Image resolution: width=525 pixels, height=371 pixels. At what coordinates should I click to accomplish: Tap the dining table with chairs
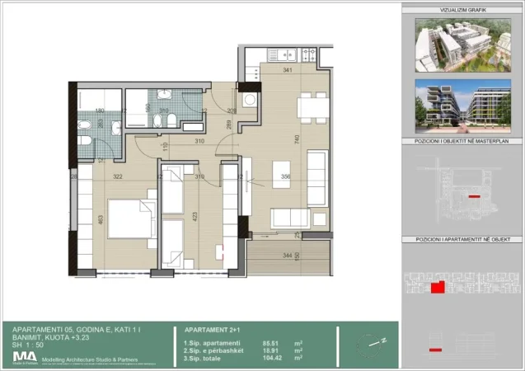tap(311, 108)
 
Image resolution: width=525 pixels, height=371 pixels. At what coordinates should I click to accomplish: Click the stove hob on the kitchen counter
tap(309, 55)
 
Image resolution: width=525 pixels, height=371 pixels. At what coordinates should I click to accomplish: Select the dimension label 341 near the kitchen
tap(288, 71)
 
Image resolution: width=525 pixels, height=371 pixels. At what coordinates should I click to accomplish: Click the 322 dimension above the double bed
tap(116, 176)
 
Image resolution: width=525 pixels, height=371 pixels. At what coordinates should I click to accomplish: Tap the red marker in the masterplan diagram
tap(473, 197)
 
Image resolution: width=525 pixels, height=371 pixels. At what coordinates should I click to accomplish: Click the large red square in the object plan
tap(438, 287)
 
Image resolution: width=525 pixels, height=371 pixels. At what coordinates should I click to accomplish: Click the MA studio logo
tap(22, 356)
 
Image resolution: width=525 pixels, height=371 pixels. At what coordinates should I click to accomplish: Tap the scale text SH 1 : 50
tap(30, 345)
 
